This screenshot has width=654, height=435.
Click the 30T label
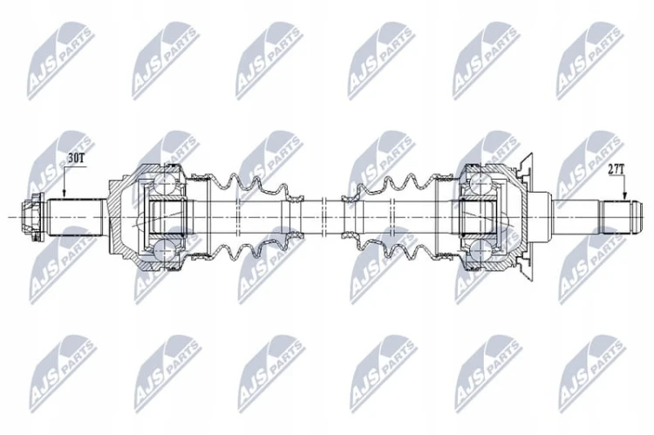75,158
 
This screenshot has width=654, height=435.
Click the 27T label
616,169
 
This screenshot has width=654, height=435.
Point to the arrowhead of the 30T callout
64,194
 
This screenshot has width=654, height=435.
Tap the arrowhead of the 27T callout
624,195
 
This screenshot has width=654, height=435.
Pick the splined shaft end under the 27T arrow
622,218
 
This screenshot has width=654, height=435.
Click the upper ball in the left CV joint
164,183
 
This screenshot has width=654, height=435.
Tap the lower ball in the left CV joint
164,253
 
